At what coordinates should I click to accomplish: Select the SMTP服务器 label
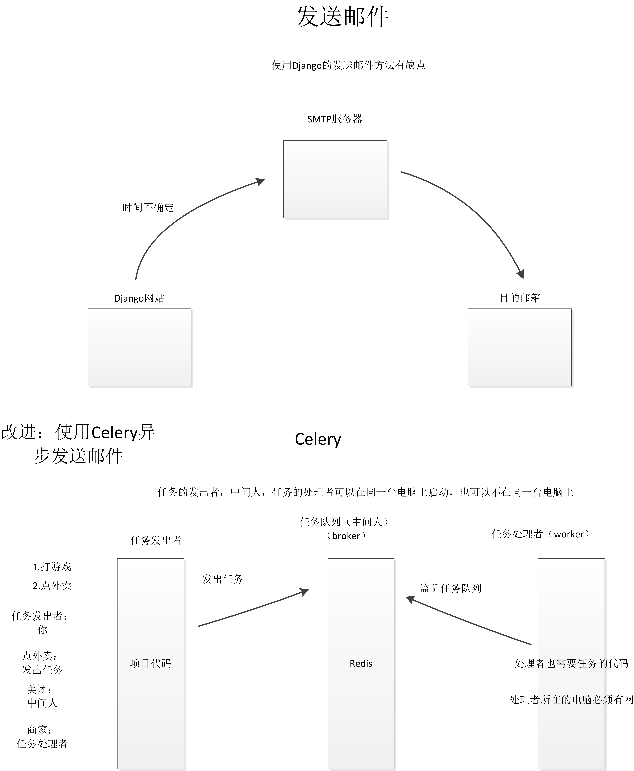pos(334,119)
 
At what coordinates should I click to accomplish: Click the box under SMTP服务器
pos(335,179)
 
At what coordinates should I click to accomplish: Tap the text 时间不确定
pos(148,207)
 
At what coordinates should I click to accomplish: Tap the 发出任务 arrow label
pos(222,579)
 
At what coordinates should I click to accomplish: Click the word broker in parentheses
pos(346,536)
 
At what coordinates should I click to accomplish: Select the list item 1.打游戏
pos(52,567)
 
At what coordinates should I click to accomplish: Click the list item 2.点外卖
pos(52,585)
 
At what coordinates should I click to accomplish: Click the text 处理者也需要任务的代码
pos(571,663)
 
